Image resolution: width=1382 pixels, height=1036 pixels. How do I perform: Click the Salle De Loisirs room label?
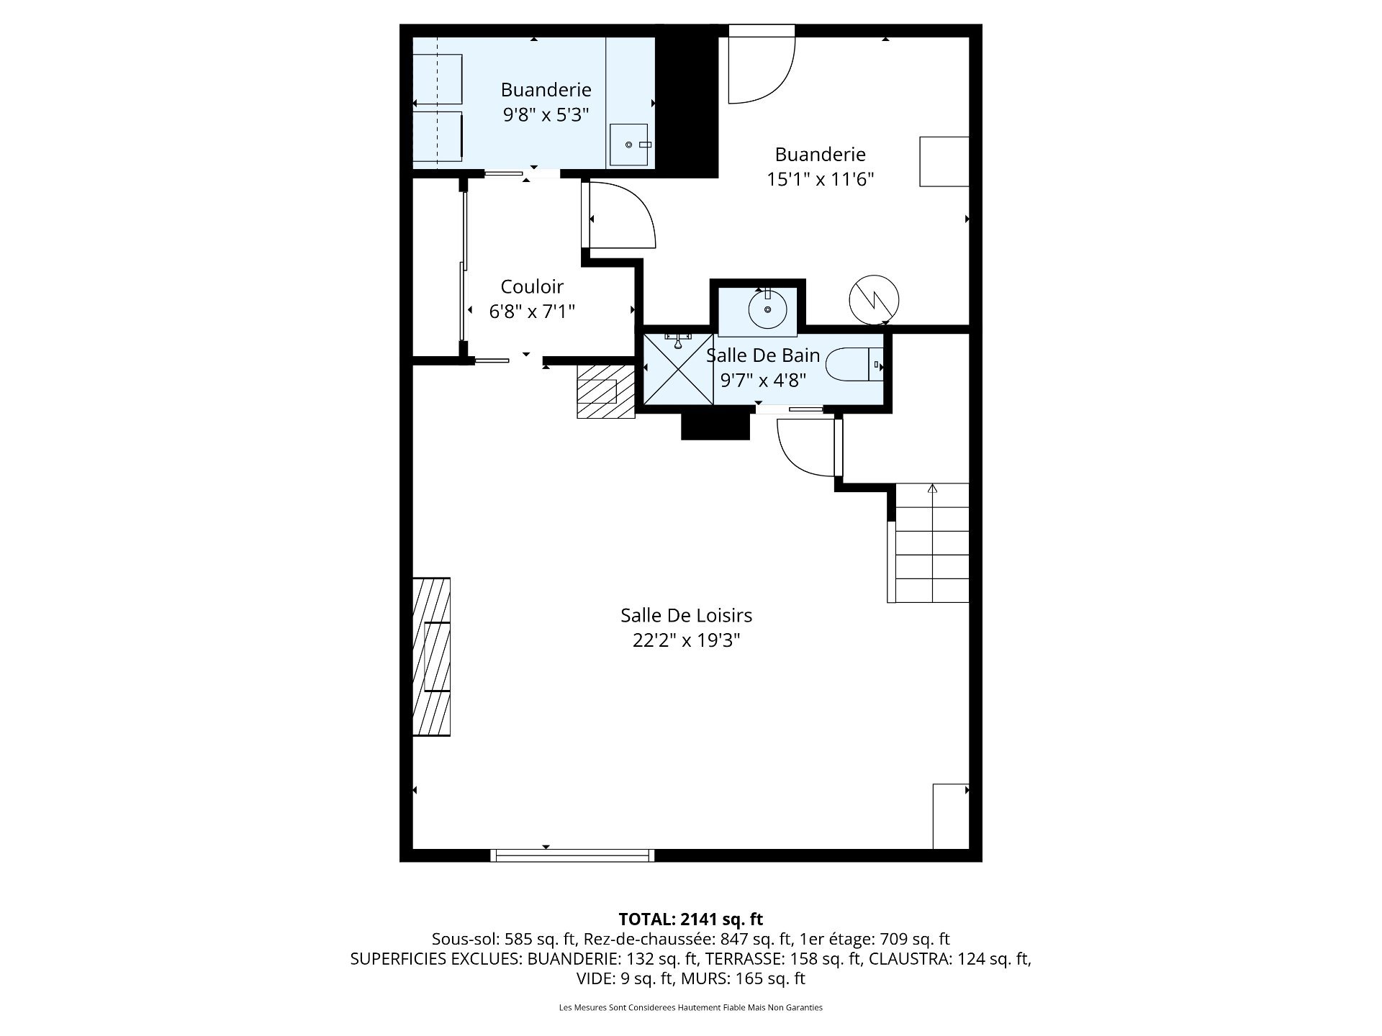click(x=686, y=615)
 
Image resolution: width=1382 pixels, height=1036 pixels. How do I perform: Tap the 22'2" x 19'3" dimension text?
click(x=686, y=640)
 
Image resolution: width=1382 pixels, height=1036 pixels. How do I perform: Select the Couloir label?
click(x=532, y=286)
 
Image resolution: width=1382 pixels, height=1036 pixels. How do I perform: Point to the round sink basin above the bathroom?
click(x=767, y=310)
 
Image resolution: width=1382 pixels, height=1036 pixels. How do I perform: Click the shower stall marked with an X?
click(x=678, y=369)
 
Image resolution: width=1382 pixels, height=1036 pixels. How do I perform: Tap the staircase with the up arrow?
click(x=929, y=542)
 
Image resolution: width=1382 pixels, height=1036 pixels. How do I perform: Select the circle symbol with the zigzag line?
click(x=874, y=299)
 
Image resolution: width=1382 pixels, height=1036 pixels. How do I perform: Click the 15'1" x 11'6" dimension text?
click(x=820, y=179)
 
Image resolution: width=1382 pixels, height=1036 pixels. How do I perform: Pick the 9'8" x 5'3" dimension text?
click(x=546, y=114)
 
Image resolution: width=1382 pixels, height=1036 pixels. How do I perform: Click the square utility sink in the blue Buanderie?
click(x=630, y=145)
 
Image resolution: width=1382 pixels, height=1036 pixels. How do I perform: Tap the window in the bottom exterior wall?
click(x=572, y=855)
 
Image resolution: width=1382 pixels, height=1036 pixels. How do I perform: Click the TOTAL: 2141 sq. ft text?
click(x=690, y=919)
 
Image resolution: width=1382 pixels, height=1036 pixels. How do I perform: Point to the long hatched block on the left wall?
click(x=431, y=656)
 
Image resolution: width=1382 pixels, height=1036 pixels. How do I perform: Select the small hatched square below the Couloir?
click(x=605, y=391)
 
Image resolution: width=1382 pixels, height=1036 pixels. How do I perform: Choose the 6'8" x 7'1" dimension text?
click(x=532, y=312)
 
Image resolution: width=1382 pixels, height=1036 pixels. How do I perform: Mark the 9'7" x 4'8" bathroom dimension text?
click(x=763, y=380)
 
